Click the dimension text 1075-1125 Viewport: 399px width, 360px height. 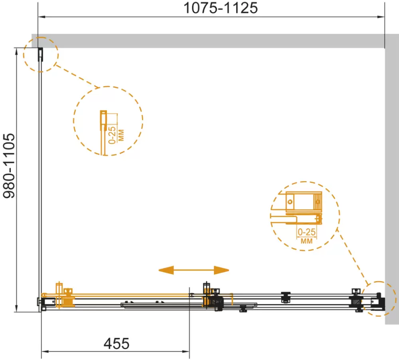coord(221,8)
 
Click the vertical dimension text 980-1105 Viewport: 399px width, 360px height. coord(9,166)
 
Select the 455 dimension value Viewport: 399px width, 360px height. coord(117,344)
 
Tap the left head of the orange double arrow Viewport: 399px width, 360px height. coord(166,270)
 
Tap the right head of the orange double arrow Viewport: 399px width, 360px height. coord(221,270)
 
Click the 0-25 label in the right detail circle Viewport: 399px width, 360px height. coord(306,232)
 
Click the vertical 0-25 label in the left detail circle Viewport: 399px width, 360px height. coord(112,135)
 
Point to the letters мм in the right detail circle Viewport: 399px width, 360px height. coord(306,241)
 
